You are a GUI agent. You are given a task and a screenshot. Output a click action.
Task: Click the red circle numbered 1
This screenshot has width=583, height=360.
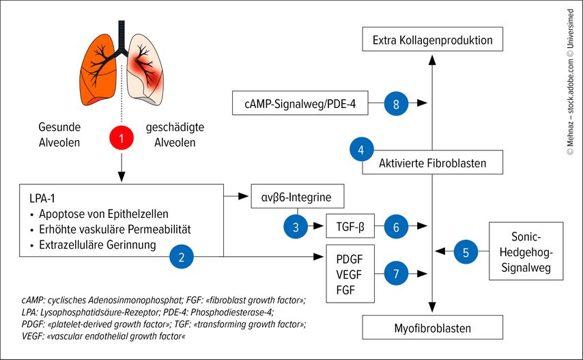(121, 139)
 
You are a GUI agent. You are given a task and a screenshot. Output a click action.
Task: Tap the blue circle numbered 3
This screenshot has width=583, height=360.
(296, 227)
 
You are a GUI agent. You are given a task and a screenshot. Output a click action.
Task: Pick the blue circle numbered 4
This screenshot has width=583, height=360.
(360, 150)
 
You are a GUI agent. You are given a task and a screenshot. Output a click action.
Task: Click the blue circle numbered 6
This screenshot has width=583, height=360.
(397, 227)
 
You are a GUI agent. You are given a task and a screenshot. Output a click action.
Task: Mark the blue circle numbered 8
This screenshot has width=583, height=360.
(397, 104)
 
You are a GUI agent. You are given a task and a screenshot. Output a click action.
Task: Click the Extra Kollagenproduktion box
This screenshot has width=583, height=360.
(433, 40)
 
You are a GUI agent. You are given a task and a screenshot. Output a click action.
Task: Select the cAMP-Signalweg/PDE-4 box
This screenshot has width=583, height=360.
(300, 104)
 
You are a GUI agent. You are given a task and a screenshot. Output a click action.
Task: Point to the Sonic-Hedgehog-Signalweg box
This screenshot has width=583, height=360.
(526, 251)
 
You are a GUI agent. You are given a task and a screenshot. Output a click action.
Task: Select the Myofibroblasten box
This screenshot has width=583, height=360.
(432, 328)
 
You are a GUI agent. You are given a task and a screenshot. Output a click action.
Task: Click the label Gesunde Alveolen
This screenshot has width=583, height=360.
(59, 135)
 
